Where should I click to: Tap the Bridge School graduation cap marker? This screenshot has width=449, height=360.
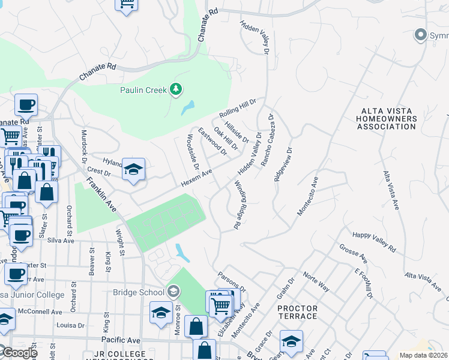click(x=173, y=292)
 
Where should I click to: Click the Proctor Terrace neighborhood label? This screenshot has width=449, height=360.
click(x=297, y=312)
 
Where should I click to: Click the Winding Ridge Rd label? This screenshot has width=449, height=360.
click(x=237, y=205)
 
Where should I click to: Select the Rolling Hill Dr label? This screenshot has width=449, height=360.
click(x=238, y=109)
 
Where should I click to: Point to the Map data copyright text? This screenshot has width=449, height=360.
click(x=424, y=355)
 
